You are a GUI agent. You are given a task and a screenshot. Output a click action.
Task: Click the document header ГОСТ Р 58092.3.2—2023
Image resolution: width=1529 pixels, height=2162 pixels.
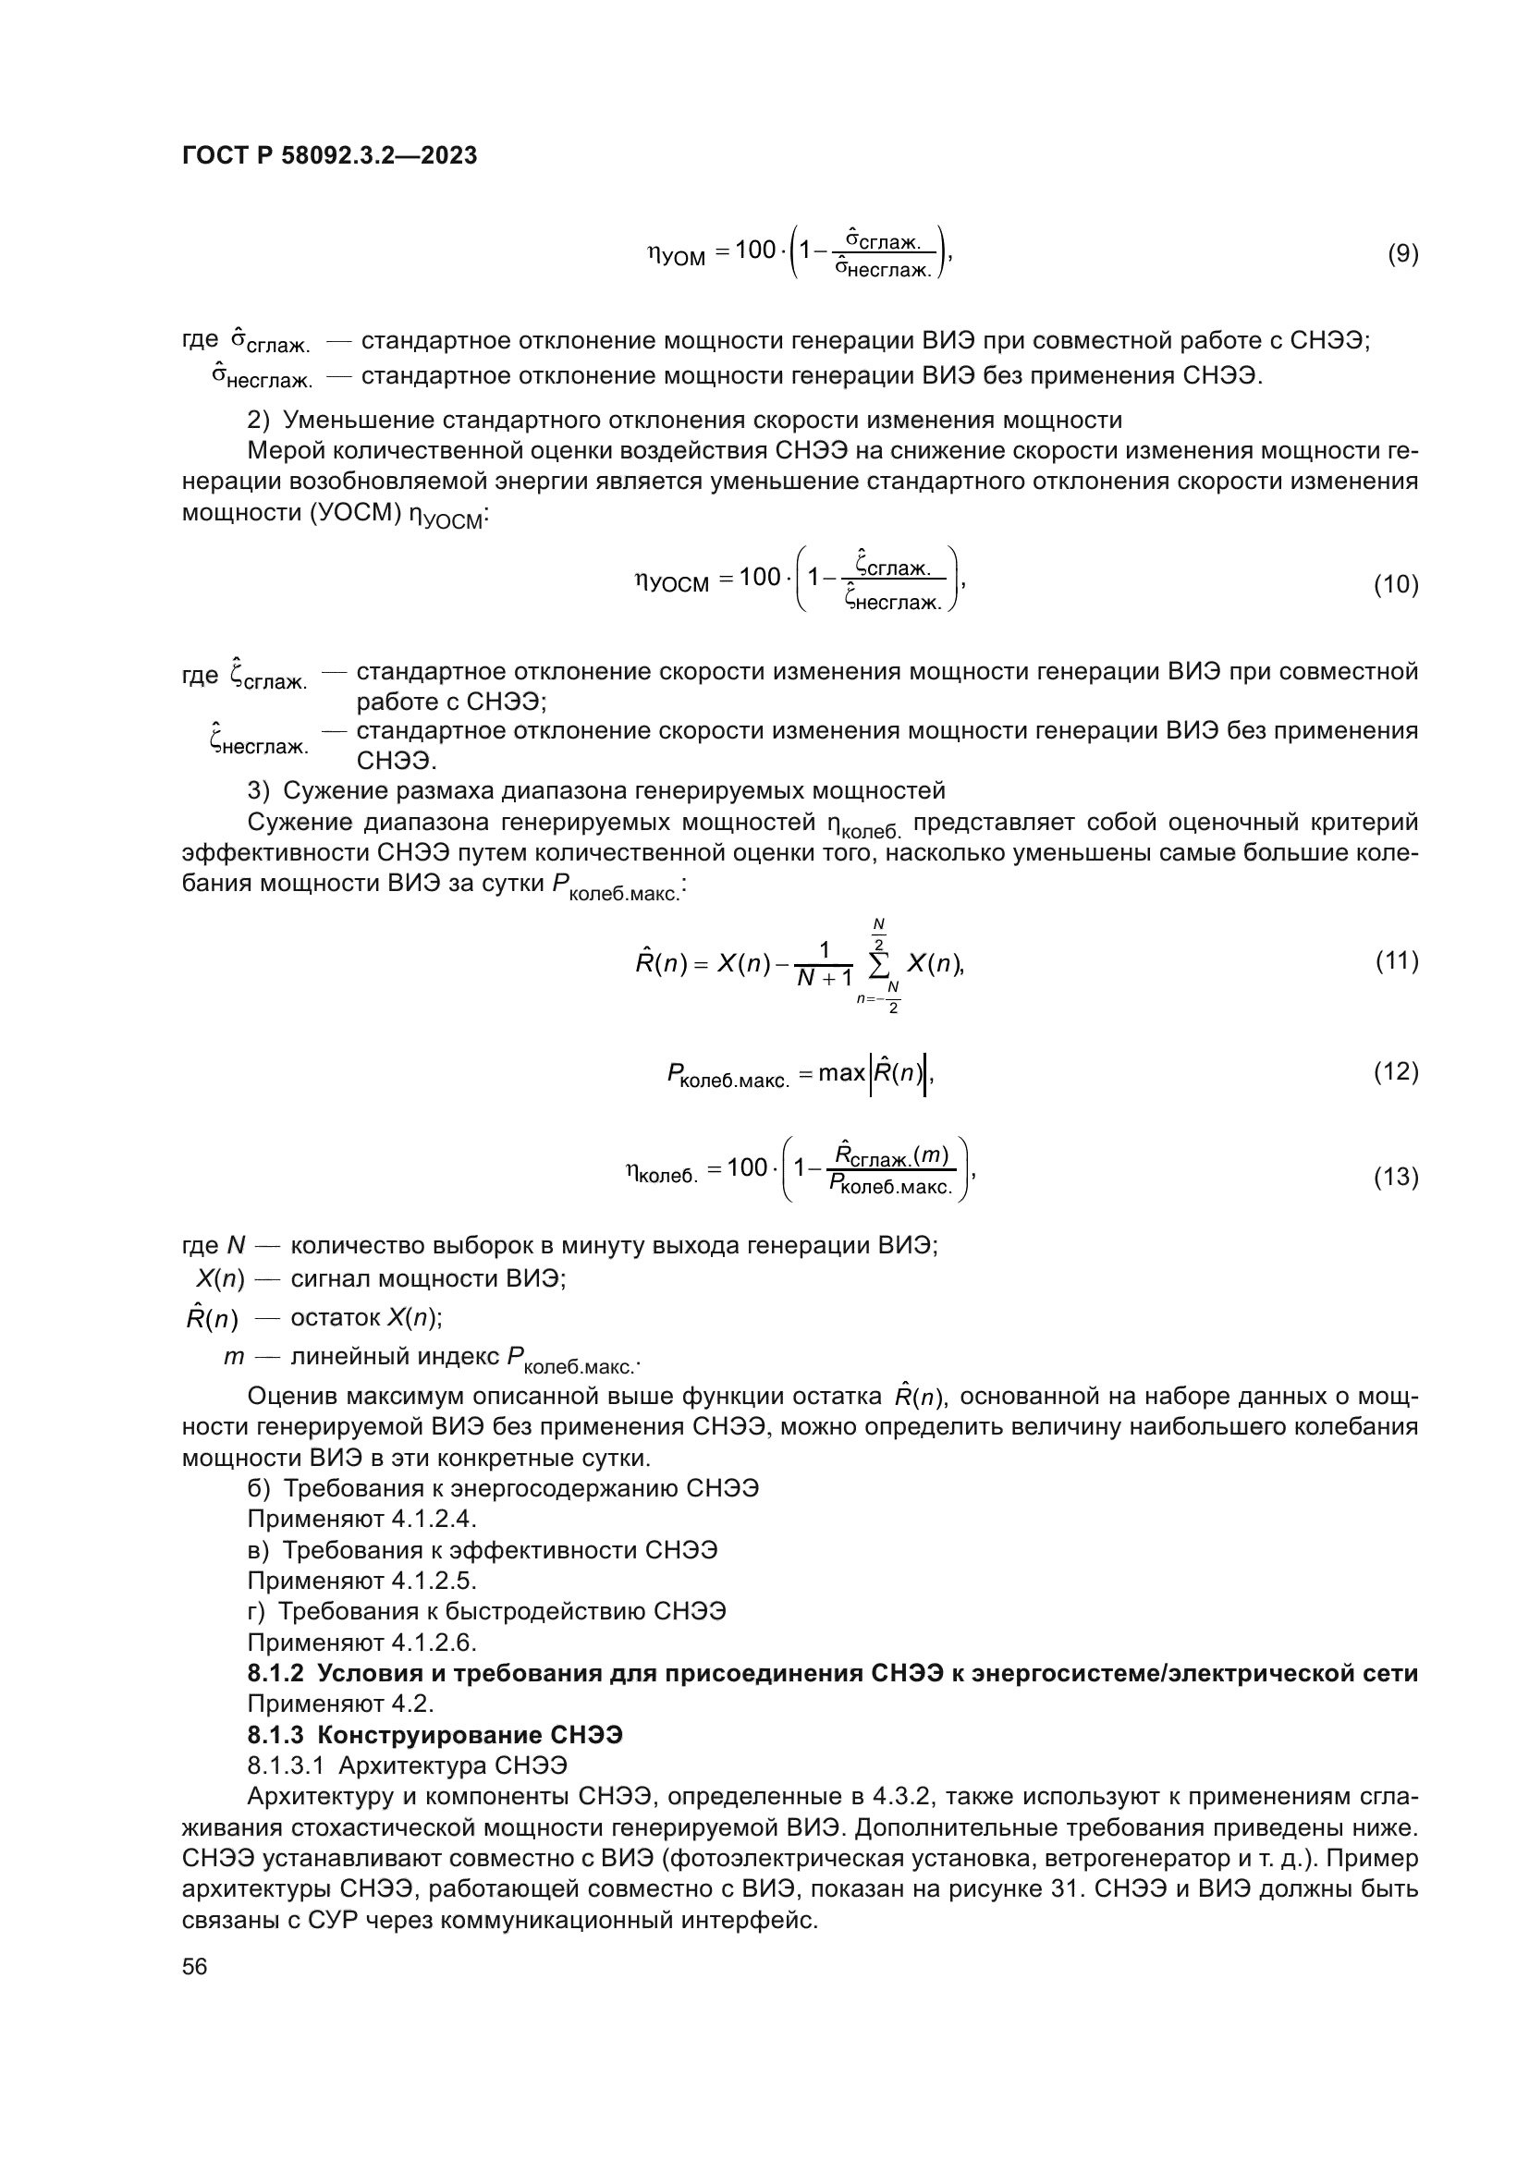[x=329, y=155]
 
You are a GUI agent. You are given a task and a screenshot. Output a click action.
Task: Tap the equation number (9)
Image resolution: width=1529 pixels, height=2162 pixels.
[x=1403, y=253]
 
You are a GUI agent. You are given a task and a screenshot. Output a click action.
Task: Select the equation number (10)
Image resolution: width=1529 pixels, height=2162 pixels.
[x=1396, y=585]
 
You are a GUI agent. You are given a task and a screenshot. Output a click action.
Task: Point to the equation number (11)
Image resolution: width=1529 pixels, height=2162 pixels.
[x=1396, y=960]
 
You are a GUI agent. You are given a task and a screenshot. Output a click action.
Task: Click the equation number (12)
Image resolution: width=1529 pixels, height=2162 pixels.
[x=1396, y=1071]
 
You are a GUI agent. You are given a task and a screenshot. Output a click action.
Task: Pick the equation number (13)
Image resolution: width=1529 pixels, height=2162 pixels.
[x=1396, y=1177]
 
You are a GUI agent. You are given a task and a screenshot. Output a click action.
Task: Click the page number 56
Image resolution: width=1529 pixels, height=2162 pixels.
[x=195, y=1966]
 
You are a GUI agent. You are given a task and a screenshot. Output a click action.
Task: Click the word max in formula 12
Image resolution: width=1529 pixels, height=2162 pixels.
[x=840, y=1072]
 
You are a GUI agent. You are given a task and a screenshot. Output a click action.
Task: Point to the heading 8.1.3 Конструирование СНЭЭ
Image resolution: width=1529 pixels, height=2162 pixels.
[x=435, y=1734]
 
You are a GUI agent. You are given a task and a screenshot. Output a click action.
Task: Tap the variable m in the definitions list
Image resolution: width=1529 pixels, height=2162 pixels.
[x=235, y=1357]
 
